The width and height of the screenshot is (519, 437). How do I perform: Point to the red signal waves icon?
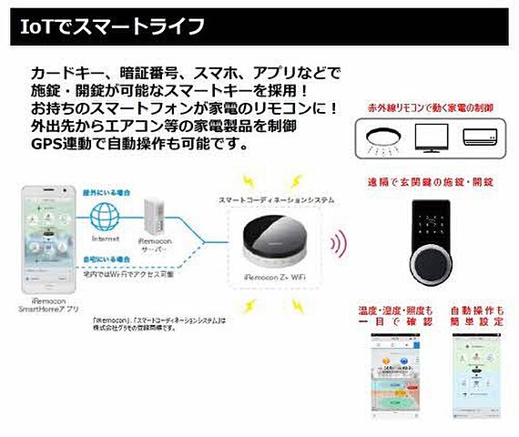pyautogui.click(x=338, y=244)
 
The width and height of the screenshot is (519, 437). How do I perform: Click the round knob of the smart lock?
pyautogui.click(x=430, y=262)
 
